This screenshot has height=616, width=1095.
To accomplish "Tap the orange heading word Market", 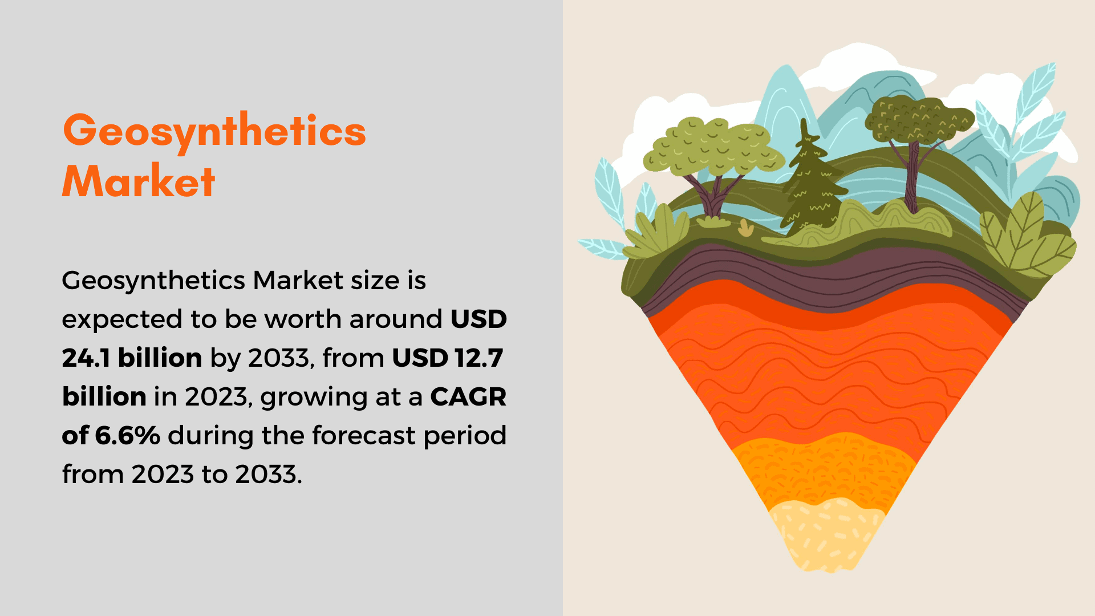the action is coord(139,181).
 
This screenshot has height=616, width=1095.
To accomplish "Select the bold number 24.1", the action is coord(86,358).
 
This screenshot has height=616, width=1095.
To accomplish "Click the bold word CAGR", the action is coord(468,396).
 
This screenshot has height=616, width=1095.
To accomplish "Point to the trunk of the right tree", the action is coord(912,177).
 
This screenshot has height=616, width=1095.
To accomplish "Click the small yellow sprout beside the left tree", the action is coord(745,228).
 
